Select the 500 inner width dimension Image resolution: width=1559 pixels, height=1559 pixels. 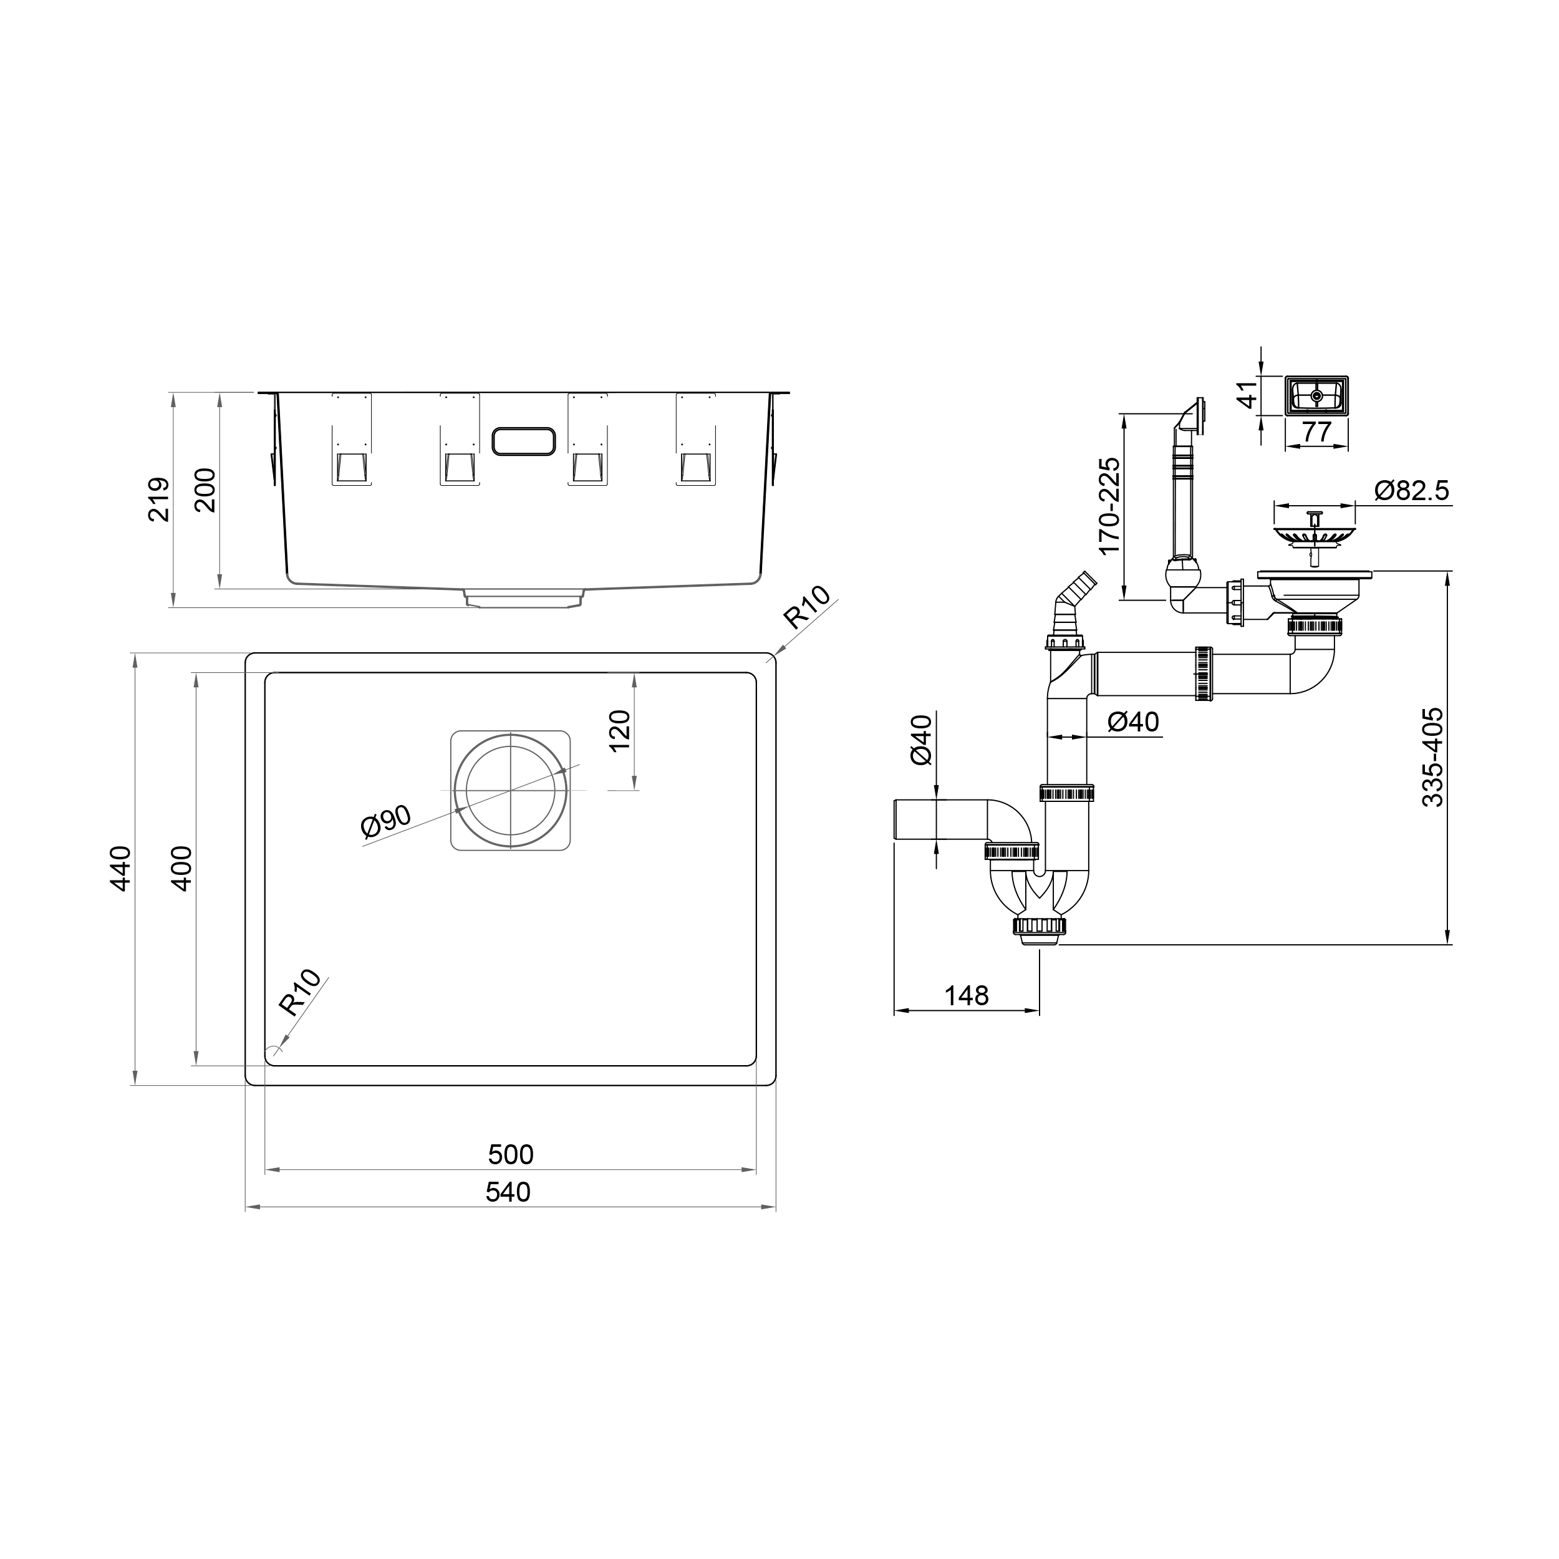[x=510, y=1155]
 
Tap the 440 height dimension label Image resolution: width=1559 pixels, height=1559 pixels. [x=120, y=868]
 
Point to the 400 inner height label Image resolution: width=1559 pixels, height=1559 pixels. [x=182, y=868]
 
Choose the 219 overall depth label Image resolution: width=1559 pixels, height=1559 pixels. [x=159, y=500]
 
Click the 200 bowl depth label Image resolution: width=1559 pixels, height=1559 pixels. [x=205, y=490]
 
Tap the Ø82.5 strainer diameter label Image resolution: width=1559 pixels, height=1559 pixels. [x=1411, y=490]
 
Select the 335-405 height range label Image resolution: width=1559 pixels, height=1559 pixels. [x=1432, y=757]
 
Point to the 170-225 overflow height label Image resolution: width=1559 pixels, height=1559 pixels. [x=1109, y=506]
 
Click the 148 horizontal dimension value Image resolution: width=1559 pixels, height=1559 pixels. [x=966, y=996]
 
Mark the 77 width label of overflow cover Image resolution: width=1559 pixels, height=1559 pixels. [x=1316, y=432]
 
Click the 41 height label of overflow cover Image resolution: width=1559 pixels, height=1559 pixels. [x=1248, y=395]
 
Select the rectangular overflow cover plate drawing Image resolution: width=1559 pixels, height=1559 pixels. [x=1316, y=396]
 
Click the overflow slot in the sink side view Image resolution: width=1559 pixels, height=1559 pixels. [x=523, y=442]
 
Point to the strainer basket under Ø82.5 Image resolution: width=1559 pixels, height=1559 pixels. [x=1314, y=534]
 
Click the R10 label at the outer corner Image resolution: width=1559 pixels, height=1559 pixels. [x=806, y=607]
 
